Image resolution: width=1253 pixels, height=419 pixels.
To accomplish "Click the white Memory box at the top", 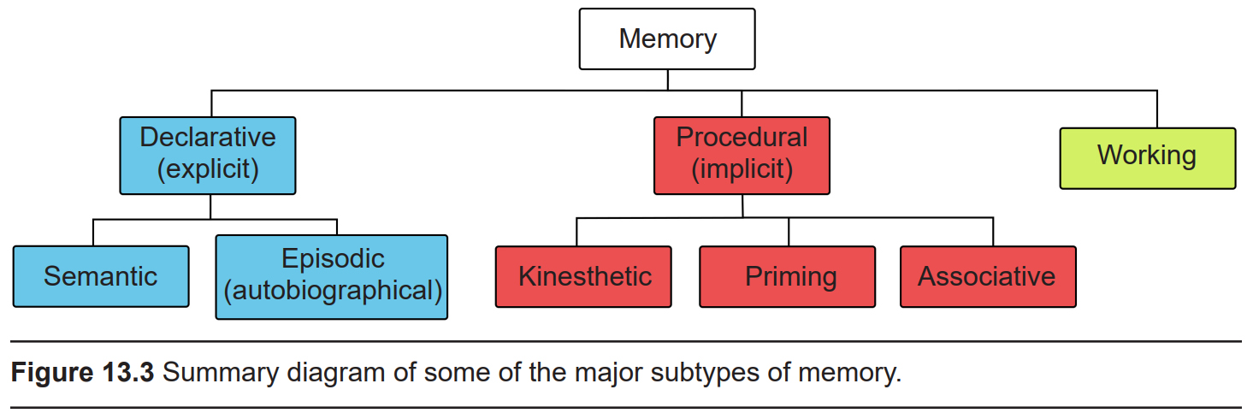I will (x=667, y=39).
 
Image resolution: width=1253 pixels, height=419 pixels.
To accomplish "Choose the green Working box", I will (x=1147, y=157).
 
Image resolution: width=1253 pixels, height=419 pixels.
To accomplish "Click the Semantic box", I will (x=101, y=276).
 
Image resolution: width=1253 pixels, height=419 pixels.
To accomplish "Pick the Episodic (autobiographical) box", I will (x=332, y=277).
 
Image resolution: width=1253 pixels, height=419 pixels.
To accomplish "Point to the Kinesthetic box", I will (x=583, y=276).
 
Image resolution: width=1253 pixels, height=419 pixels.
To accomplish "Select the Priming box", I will (x=787, y=276).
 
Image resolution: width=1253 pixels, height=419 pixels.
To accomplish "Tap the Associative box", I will (x=988, y=276).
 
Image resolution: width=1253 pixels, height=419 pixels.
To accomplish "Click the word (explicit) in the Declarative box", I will (x=208, y=169).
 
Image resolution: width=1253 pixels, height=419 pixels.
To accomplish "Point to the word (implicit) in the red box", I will (x=742, y=169).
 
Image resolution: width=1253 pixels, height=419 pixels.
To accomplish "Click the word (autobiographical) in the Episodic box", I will (x=333, y=291).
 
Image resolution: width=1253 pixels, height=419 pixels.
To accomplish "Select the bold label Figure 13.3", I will (x=82, y=375).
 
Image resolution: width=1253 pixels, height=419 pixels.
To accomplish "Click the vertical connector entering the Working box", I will (x=1157, y=109).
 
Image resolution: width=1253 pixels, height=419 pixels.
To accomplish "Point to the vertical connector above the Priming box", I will (x=789, y=232).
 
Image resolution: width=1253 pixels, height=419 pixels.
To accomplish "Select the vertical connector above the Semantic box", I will (x=93, y=233).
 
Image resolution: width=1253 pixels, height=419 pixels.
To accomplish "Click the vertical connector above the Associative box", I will (x=993, y=232).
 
